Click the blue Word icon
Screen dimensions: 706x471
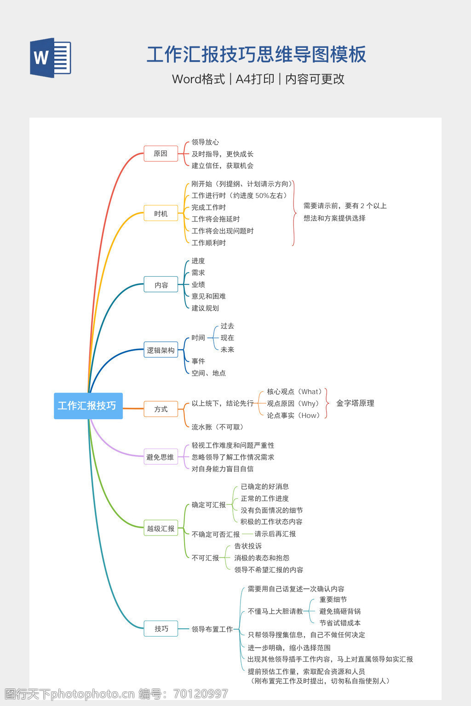(51, 57)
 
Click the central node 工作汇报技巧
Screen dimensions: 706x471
(88, 406)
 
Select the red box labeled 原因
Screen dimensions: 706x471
(161, 154)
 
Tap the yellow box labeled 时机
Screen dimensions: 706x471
(161, 213)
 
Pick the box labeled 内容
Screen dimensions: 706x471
(161, 285)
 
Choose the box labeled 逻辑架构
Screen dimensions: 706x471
(161, 350)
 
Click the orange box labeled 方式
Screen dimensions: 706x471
(161, 409)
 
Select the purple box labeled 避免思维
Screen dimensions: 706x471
(161, 457)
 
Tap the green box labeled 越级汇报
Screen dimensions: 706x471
(161, 529)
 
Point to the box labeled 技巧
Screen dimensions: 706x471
(161, 629)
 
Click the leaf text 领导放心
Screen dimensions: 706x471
(205, 142)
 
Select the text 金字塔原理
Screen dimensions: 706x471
(355, 403)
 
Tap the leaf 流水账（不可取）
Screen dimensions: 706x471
(217, 427)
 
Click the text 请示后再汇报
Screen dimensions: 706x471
(275, 534)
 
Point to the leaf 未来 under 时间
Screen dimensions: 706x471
(227, 349)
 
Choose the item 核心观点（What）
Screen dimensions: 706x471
(295, 392)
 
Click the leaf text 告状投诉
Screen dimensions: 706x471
(248, 546)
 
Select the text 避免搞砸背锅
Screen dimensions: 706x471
(340, 611)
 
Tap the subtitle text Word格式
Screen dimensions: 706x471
(198, 79)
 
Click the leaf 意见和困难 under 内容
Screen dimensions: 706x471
(208, 296)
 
